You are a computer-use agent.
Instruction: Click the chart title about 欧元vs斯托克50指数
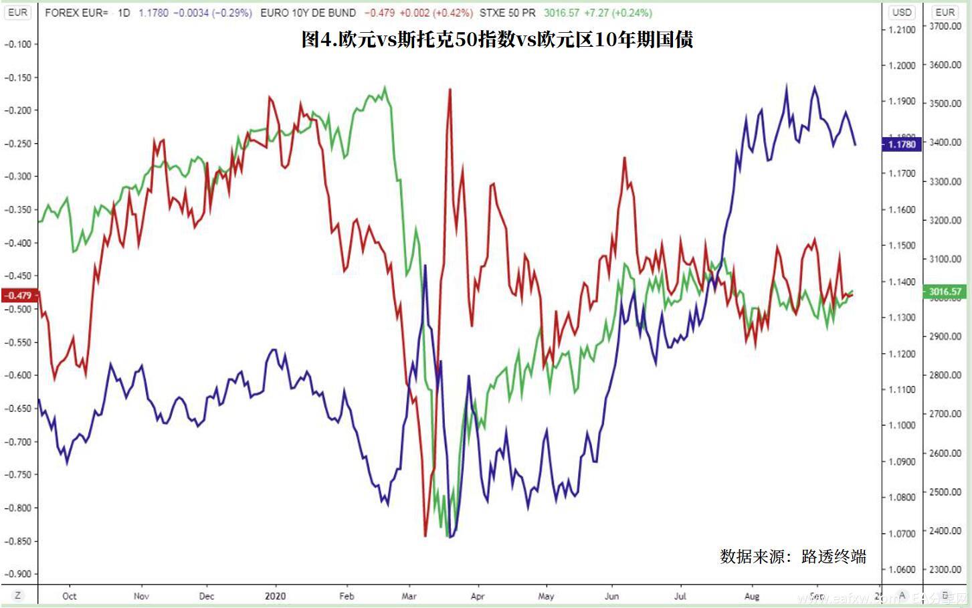[497, 39]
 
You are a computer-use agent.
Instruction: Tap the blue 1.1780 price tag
[901, 144]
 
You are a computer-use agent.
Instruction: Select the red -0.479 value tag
[19, 295]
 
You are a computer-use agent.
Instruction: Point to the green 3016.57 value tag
[945, 291]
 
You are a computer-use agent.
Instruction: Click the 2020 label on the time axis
[275, 595]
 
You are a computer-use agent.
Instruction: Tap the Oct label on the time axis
[69, 595]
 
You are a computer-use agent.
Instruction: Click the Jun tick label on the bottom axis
[611, 595]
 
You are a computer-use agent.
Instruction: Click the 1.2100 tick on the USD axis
[902, 29]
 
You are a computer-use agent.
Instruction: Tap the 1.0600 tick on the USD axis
[902, 569]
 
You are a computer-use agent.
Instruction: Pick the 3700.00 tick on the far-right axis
[945, 26]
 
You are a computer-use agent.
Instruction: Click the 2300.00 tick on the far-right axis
[945, 569]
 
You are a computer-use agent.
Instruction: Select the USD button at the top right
[902, 12]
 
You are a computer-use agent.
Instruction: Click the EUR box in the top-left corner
[18, 12]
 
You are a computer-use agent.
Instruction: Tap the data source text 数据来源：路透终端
[793, 556]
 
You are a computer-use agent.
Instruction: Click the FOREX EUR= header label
[76, 13]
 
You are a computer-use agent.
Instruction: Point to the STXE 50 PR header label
[508, 13]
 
